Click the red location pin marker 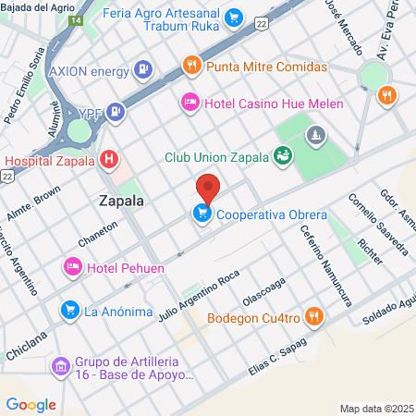pyautogui.click(x=208, y=188)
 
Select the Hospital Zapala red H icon pyautogui.click(x=110, y=159)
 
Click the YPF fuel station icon pyautogui.click(x=115, y=113)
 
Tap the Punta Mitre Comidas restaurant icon pyautogui.click(x=191, y=67)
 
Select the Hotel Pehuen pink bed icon pyautogui.click(x=72, y=268)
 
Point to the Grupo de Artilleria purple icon pyautogui.click(x=61, y=367)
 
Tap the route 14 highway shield pyautogui.click(x=75, y=19)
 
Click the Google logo pyautogui.click(x=31, y=404)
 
